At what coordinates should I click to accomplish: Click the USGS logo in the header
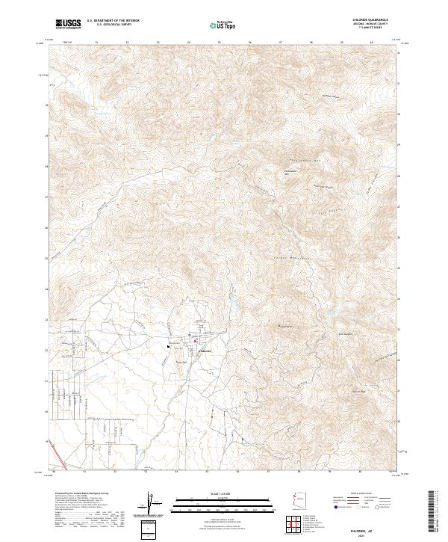68,24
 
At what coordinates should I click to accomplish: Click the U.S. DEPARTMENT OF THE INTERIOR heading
113,21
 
